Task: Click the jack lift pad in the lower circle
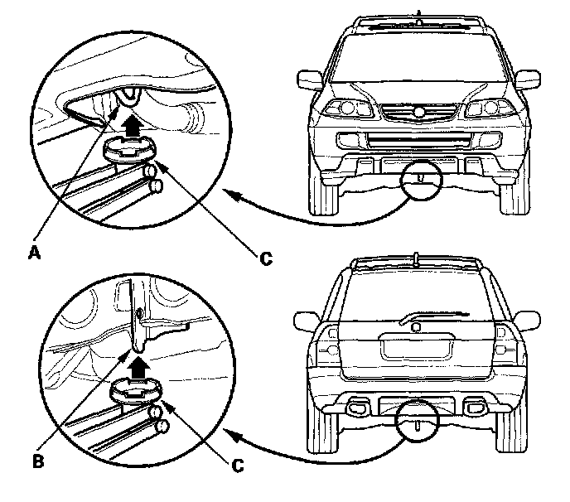point(135,389)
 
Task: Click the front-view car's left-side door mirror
point(308,80)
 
